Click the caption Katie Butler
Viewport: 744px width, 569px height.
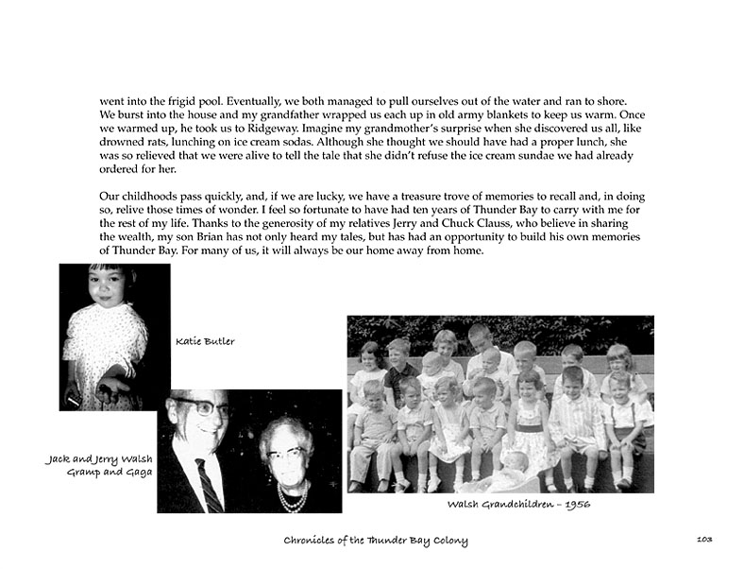click(205, 342)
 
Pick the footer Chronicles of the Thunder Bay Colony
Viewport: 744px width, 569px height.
click(376, 540)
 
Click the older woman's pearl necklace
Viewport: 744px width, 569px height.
click(294, 496)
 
